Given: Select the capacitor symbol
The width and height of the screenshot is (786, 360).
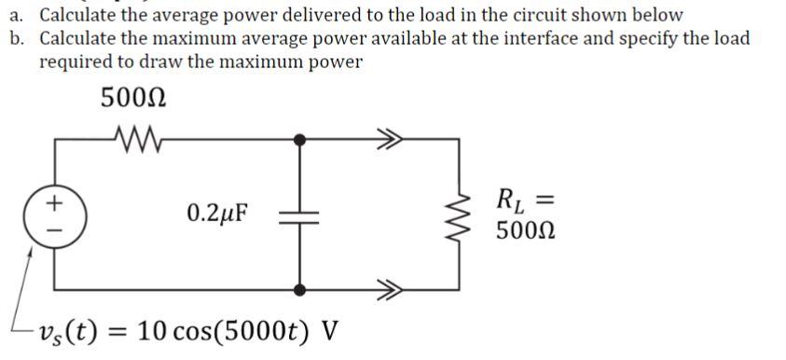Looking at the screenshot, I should tap(298, 214).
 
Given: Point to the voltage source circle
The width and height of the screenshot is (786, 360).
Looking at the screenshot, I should tap(54, 214).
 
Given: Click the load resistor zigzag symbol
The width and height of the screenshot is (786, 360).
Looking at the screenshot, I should tap(459, 214).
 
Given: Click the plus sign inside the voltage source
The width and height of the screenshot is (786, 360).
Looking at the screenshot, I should tap(54, 201).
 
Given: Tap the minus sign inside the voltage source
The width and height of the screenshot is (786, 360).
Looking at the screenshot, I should tap(54, 226).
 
